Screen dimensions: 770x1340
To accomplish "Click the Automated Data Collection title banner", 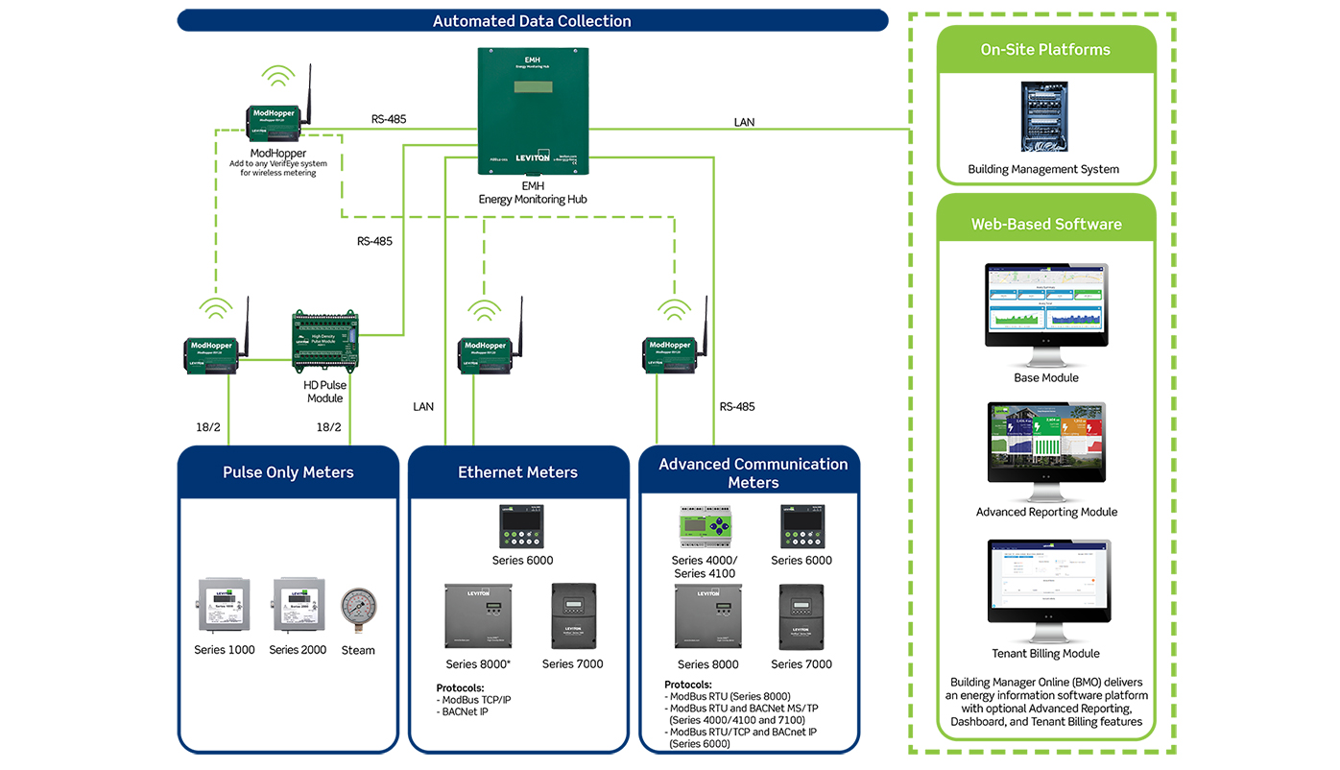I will pos(532,20).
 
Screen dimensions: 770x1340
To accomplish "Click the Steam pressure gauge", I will pos(358,610).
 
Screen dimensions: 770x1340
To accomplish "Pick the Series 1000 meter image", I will pos(224,605).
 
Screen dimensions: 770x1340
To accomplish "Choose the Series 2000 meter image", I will pos(298,605).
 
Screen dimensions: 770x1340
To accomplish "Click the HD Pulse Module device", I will pos(324,341).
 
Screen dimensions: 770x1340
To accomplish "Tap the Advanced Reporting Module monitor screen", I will pos(1046,442).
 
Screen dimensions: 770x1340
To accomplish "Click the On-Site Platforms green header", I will pos(1045,50).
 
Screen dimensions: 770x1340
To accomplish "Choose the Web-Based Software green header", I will pos(1045,224).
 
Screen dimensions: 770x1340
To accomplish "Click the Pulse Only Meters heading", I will pos(288,472).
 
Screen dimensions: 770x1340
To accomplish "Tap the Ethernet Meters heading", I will pos(517,472).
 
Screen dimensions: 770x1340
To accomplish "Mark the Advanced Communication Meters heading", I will pos(753,472).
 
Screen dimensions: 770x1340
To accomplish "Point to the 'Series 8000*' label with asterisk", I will pos(478,664).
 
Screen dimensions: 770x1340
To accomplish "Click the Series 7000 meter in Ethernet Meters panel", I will pos(573,616).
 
